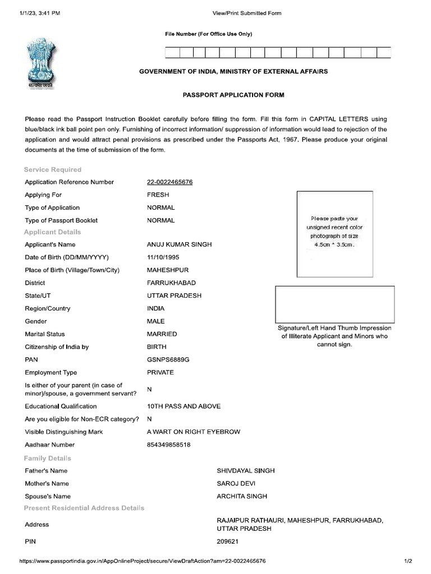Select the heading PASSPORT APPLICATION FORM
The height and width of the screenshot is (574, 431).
pyautogui.click(x=233, y=95)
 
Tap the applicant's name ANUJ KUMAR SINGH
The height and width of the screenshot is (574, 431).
pyautogui.click(x=179, y=245)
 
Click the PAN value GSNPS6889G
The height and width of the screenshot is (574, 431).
pyautogui.click(x=168, y=360)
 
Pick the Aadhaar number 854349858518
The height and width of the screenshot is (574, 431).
pyautogui.click(x=168, y=445)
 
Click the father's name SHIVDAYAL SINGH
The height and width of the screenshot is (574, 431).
pyautogui.click(x=246, y=471)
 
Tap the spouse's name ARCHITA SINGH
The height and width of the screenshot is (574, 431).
pyautogui.click(x=242, y=496)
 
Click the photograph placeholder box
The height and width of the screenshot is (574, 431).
pyautogui.click(x=335, y=234)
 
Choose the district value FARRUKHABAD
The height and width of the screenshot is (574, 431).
pyautogui.click(x=171, y=283)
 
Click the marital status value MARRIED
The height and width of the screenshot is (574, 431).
pyautogui.click(x=162, y=334)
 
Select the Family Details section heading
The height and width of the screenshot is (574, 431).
pyautogui.click(x=48, y=458)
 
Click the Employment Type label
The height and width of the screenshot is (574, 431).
pyautogui.click(x=51, y=373)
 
